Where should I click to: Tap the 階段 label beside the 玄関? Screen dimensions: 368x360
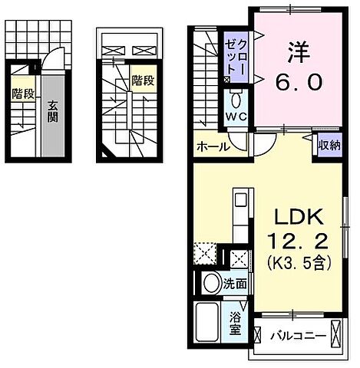[x=22, y=94]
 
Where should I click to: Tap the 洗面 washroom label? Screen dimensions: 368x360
[x=235, y=283]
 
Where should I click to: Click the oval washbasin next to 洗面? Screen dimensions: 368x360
[x=210, y=283]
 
